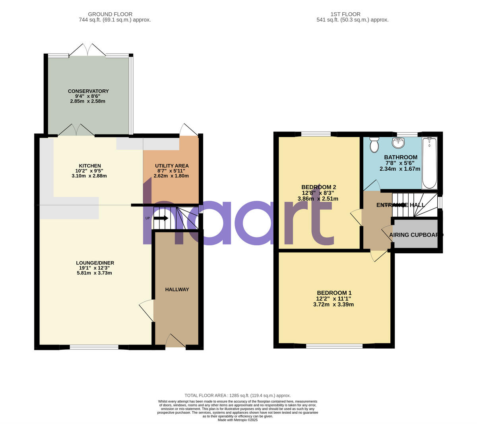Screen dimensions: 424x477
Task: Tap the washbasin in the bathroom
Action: click(398, 143)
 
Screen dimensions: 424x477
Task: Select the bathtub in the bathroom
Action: click(429, 163)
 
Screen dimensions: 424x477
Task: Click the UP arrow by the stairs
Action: click(161, 218)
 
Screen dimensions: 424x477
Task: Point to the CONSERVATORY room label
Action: click(88, 91)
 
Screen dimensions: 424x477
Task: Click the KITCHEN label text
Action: click(90, 166)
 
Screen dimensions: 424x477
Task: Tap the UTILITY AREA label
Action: click(172, 166)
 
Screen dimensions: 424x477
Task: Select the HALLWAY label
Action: click(177, 289)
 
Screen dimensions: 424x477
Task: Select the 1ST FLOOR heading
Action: click(340, 14)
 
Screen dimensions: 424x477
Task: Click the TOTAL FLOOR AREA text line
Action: click(238, 395)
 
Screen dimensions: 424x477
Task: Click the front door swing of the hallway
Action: click(175, 341)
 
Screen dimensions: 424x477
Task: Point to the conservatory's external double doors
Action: click(88, 50)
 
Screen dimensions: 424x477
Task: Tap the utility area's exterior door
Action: click(188, 130)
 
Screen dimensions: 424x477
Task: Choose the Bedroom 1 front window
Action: click(334, 346)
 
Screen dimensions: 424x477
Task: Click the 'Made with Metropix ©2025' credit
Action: click(238, 420)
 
